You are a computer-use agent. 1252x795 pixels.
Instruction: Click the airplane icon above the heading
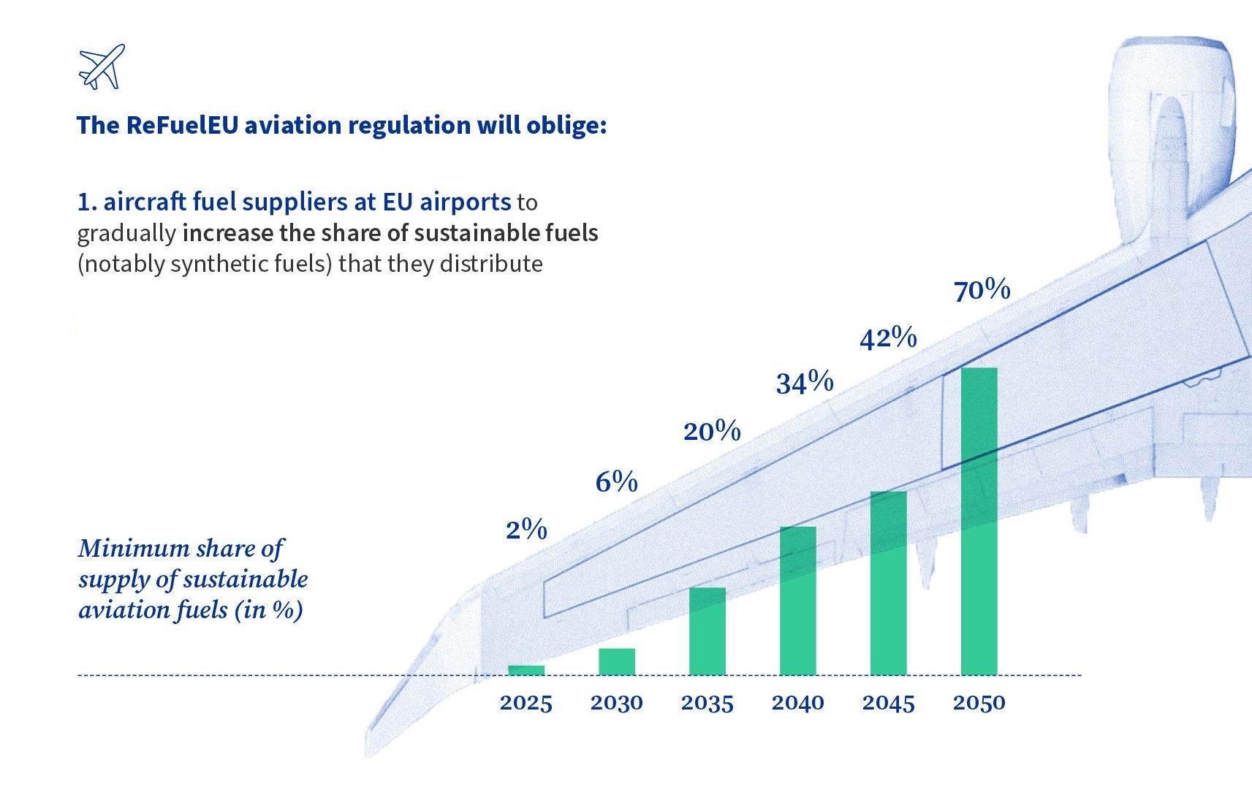(x=102, y=66)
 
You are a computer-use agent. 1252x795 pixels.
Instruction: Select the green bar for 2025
(x=526, y=670)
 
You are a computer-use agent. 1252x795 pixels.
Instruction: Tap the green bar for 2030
(x=617, y=661)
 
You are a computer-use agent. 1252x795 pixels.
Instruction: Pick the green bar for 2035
(x=707, y=631)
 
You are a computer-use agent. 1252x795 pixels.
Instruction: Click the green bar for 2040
(x=798, y=601)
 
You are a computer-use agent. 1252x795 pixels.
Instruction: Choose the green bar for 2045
(x=889, y=583)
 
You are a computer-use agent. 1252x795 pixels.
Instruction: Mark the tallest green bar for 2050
(x=979, y=521)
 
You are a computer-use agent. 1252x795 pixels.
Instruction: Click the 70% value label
(x=982, y=290)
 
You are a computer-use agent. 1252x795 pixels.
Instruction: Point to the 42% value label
(x=888, y=338)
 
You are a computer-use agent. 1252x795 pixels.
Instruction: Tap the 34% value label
(x=805, y=383)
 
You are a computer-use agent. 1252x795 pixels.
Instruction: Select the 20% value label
(x=712, y=431)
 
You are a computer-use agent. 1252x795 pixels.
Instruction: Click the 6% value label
(x=617, y=482)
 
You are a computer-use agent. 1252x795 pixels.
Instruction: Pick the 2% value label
(x=526, y=530)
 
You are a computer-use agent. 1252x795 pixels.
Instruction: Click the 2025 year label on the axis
(x=526, y=703)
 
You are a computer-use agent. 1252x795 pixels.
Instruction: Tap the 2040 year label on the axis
(x=798, y=703)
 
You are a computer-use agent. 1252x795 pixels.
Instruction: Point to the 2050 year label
(x=979, y=703)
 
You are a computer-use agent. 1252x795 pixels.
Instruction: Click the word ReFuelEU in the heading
(x=182, y=125)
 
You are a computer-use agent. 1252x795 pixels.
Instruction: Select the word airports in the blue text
(x=465, y=202)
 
